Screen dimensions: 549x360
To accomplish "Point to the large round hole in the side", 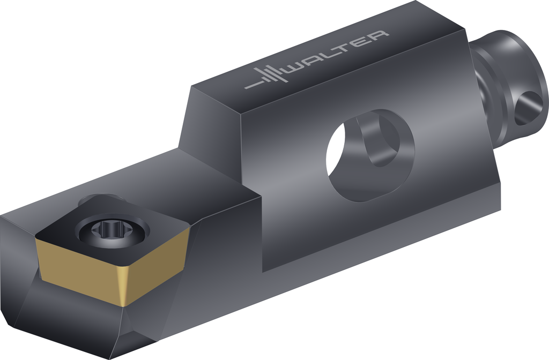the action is tap(370, 155).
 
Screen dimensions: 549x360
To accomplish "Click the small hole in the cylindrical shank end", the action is tap(528, 108).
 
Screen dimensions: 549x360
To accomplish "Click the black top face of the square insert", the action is tap(113, 231).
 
